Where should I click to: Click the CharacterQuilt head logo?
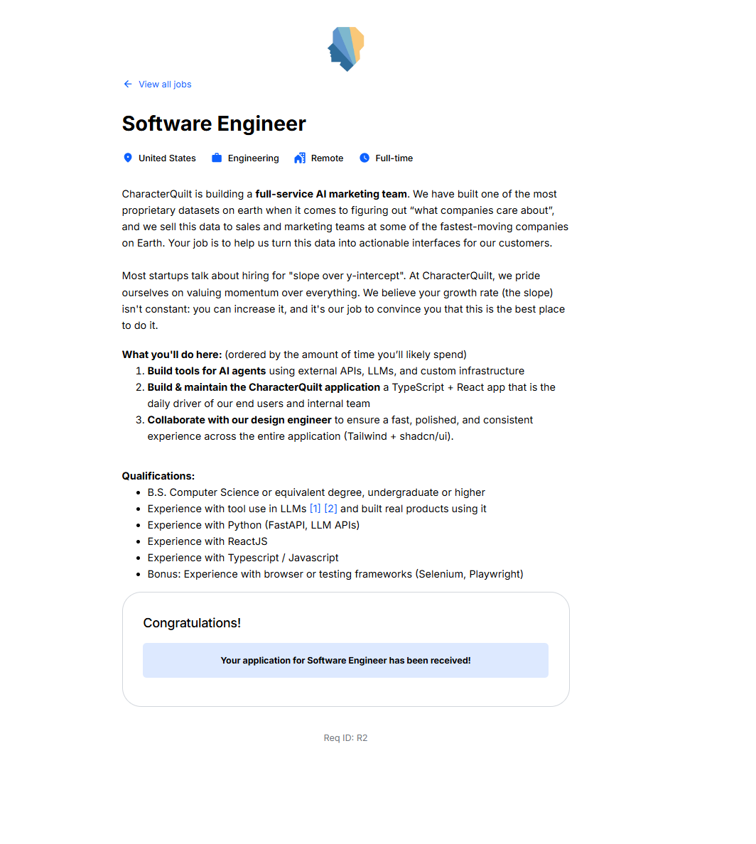click(346, 49)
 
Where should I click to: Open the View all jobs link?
click(165, 85)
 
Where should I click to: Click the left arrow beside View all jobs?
click(128, 84)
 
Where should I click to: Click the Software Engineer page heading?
click(214, 124)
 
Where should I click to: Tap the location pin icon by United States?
click(128, 158)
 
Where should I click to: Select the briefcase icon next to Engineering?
click(217, 158)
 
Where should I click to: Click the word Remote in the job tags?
click(327, 158)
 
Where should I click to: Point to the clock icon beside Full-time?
click(364, 158)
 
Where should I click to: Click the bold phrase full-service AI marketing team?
click(331, 194)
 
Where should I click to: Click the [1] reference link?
click(315, 509)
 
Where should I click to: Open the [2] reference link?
click(330, 509)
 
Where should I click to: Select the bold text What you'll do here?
click(172, 355)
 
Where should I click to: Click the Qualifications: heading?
click(158, 476)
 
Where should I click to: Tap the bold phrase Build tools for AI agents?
click(207, 371)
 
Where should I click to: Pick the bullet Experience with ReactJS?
click(207, 541)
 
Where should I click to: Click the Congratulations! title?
click(192, 623)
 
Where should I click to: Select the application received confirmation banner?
click(345, 660)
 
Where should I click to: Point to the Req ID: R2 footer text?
click(345, 738)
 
